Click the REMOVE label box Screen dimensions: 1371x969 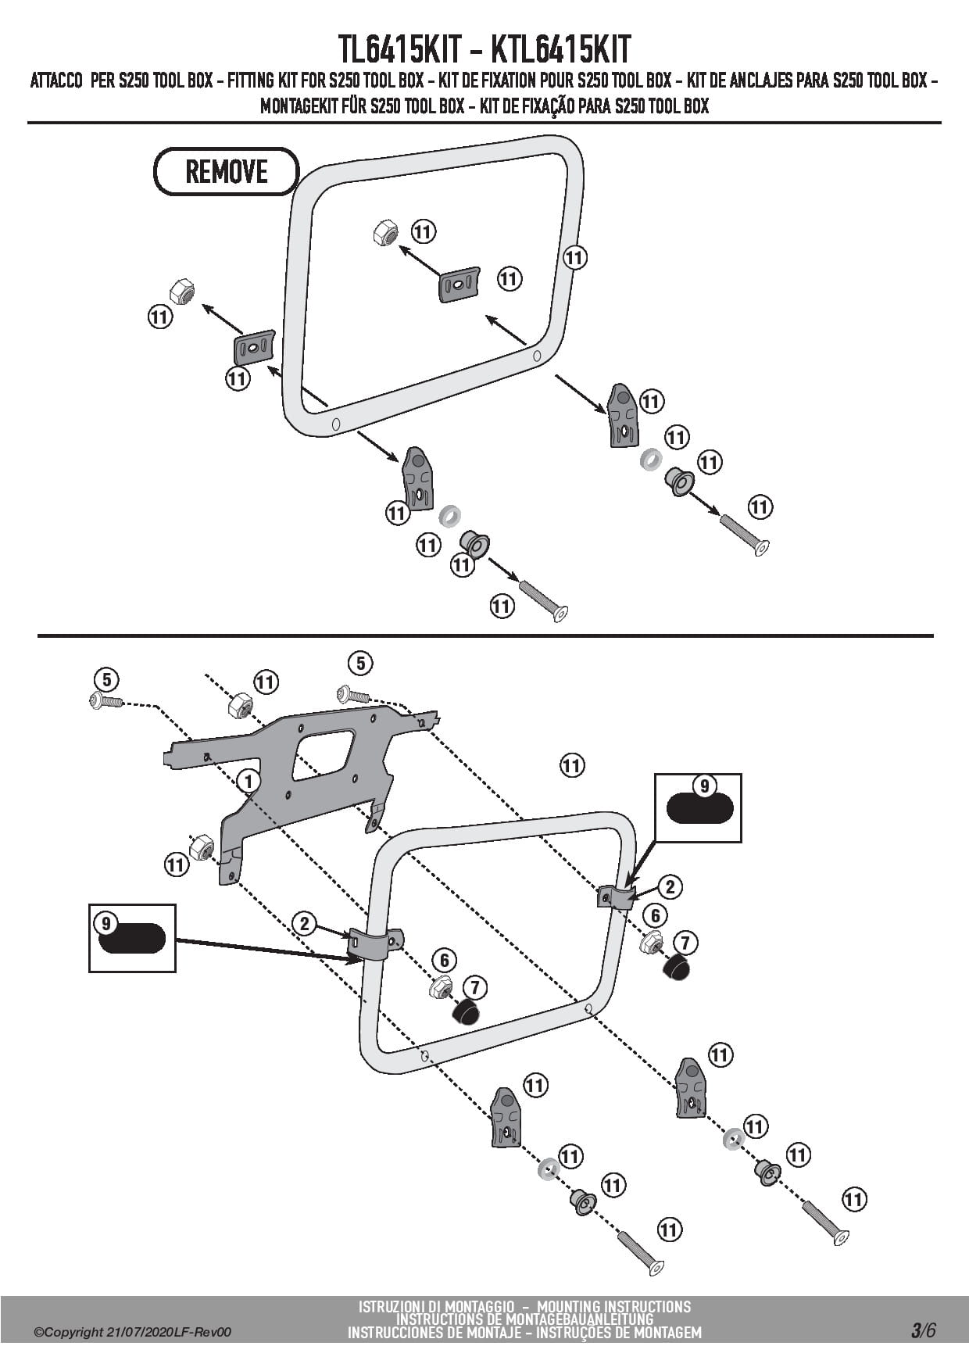[227, 171]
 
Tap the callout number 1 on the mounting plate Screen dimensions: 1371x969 [249, 781]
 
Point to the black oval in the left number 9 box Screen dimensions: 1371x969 [132, 937]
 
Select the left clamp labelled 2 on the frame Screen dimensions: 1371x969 [375, 943]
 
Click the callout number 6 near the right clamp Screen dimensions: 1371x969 [655, 915]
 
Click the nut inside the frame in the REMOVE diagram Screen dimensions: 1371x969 [384, 233]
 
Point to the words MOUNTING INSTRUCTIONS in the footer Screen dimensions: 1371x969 [614, 1306]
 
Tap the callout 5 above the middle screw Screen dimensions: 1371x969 [360, 664]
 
